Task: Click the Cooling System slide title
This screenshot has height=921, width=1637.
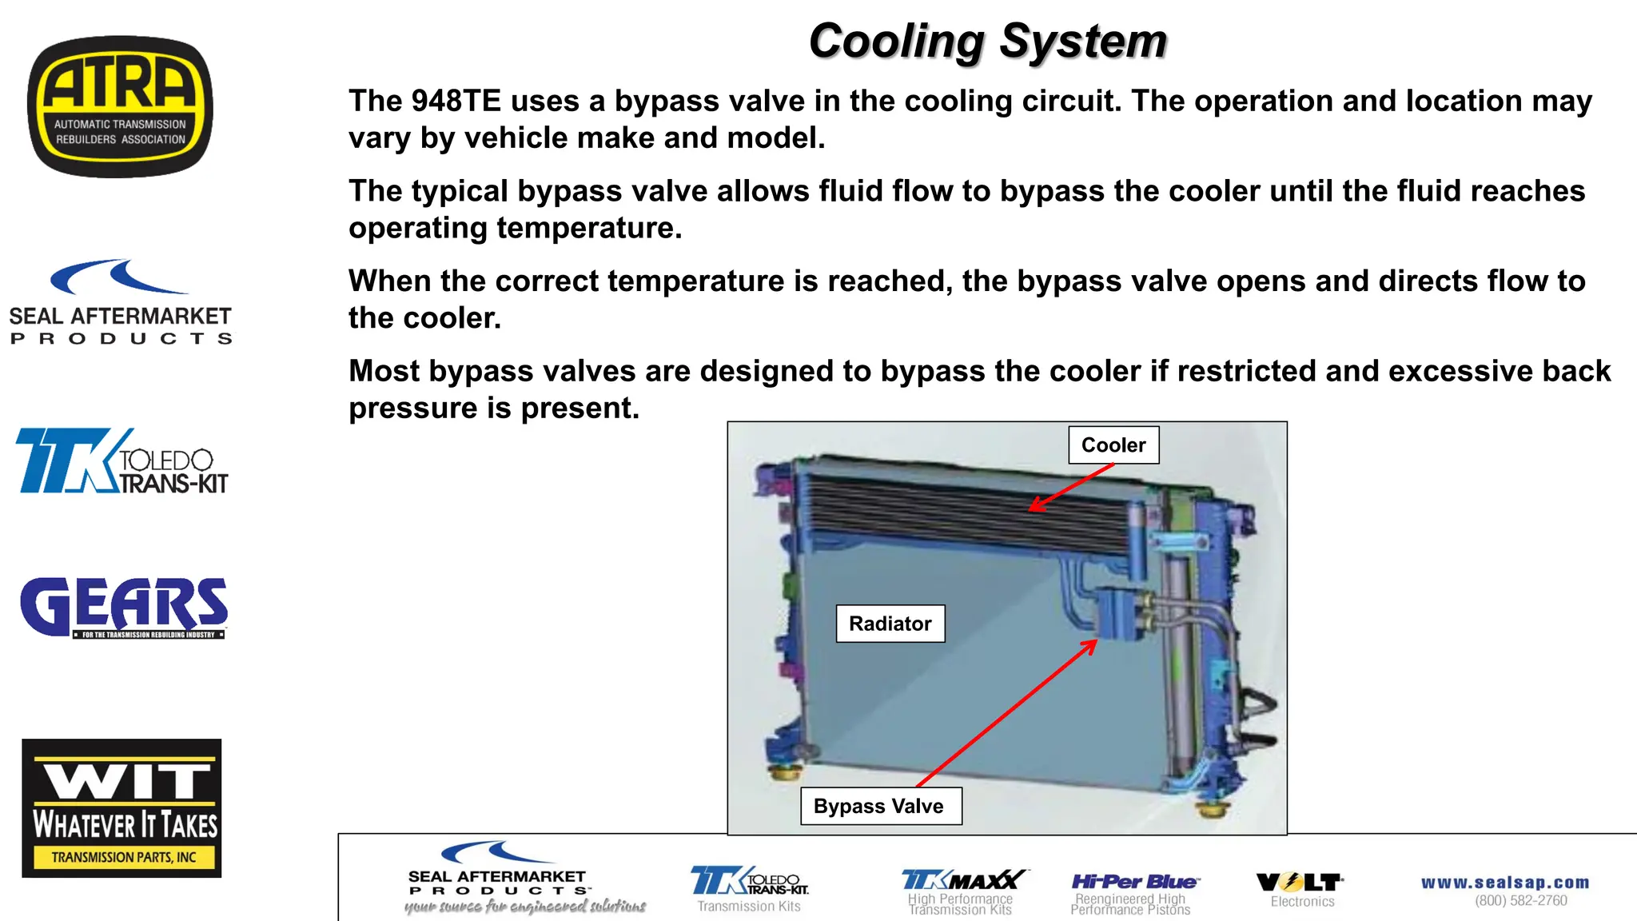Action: pos(988,42)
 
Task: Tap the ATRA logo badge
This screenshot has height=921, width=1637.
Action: pos(120,106)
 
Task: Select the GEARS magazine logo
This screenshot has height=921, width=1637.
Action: pos(124,608)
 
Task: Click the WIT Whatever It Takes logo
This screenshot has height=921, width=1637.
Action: pos(121,807)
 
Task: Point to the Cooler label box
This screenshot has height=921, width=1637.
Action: pos(1113,445)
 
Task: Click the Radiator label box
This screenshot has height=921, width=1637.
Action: pos(890,624)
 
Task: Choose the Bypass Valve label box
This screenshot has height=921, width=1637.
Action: pos(881,806)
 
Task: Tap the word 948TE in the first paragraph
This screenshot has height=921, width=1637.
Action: pos(456,102)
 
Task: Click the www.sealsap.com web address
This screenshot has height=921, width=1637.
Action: pos(1505,883)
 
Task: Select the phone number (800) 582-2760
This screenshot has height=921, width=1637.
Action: pos(1520,901)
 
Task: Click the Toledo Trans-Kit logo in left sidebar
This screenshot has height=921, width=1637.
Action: pos(121,461)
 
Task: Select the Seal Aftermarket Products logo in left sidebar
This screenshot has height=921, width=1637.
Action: pos(120,302)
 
